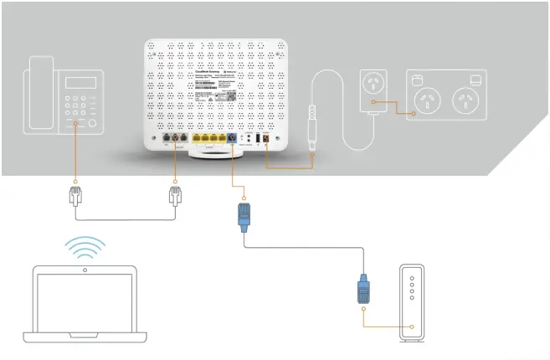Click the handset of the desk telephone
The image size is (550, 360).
click(x=39, y=93)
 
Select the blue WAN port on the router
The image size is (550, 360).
click(x=232, y=138)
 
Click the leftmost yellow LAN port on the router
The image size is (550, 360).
click(x=197, y=138)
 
